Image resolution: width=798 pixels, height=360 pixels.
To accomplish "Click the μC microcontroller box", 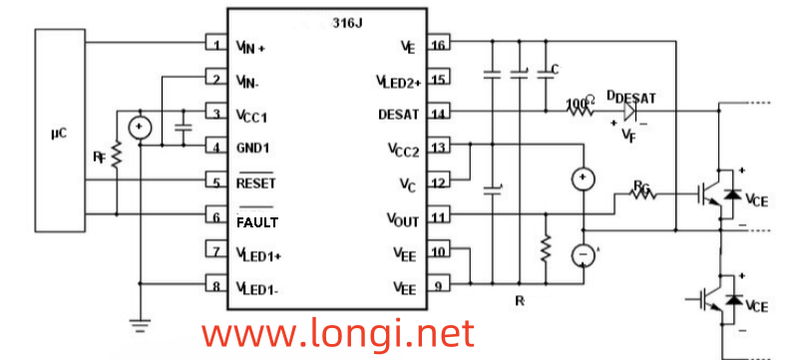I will click(60, 130).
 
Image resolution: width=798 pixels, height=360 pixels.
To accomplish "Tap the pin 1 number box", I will click(214, 45).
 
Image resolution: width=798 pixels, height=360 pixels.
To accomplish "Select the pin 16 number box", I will click(438, 45).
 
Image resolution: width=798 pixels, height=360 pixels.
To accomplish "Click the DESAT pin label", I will click(398, 114).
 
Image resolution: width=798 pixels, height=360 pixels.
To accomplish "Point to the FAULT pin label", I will click(257, 221).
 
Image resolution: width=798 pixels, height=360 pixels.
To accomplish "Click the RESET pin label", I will click(255, 183).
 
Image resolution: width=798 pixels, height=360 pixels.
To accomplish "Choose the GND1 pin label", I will click(255, 149).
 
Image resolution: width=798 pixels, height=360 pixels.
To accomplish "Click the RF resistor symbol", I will click(116, 156).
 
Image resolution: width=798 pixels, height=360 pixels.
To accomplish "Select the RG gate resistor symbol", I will click(643, 194).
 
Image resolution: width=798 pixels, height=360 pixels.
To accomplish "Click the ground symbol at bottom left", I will click(141, 323).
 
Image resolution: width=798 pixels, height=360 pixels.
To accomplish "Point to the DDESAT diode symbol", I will click(631, 114).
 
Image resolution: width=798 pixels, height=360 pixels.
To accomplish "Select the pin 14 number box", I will click(438, 114).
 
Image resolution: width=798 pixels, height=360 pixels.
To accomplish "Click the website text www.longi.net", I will click(339, 331).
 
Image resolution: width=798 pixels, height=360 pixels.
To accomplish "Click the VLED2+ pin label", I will click(398, 80).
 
